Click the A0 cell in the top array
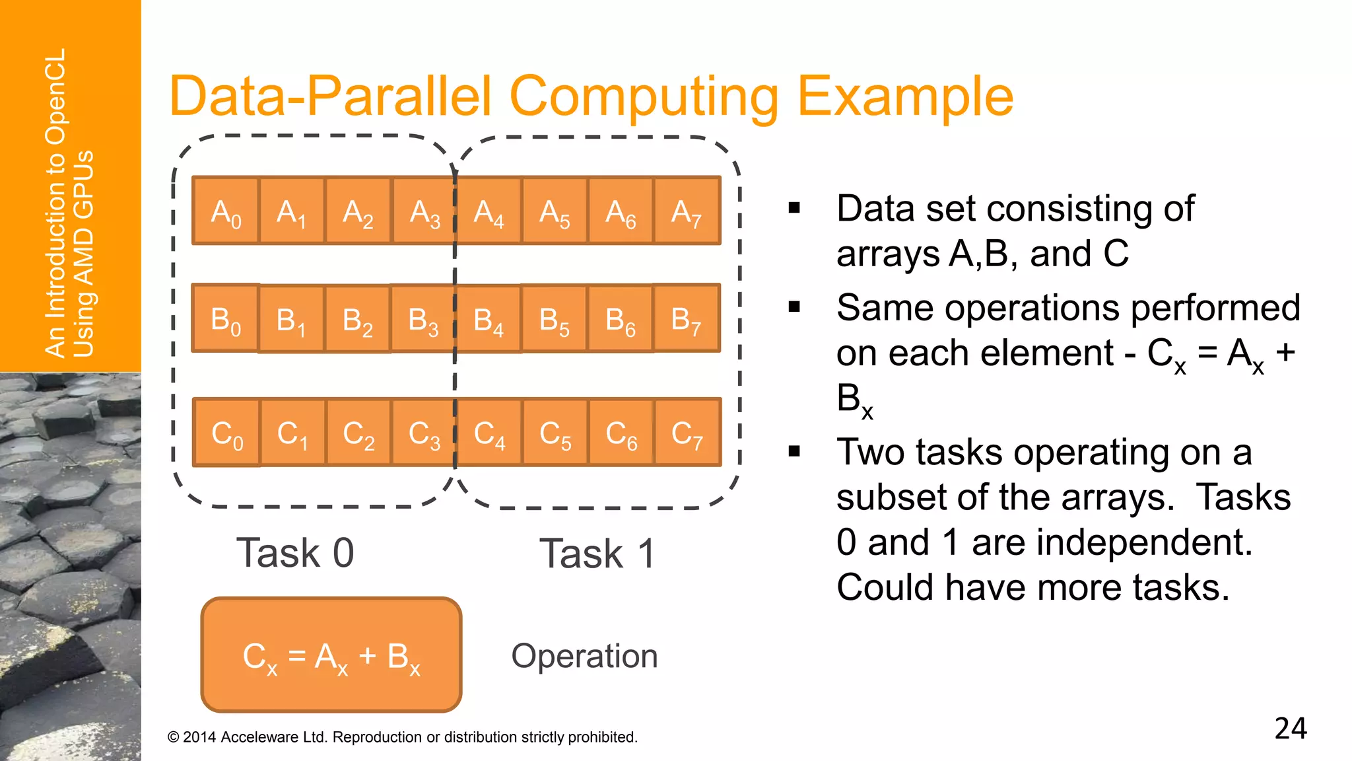pyautogui.click(x=226, y=211)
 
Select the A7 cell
pyautogui.click(x=687, y=211)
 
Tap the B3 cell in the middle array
pyautogui.click(x=422, y=319)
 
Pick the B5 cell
pyautogui.click(x=554, y=319)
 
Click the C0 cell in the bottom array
pyautogui.click(x=226, y=433)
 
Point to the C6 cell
pyautogui.click(x=621, y=433)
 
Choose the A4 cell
pyautogui.click(x=489, y=211)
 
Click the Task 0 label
pyautogui.click(x=295, y=553)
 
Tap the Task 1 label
pyautogui.click(x=597, y=554)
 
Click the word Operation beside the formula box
pyautogui.click(x=584, y=656)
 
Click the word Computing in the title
pyautogui.click(x=644, y=97)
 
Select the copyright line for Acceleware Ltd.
pyautogui.click(x=403, y=737)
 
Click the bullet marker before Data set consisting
pyautogui.click(x=794, y=209)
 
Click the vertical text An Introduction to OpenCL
pyautogui.click(x=55, y=203)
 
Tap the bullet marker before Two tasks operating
pyautogui.click(x=794, y=452)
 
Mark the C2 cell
pyautogui.click(x=358, y=433)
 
